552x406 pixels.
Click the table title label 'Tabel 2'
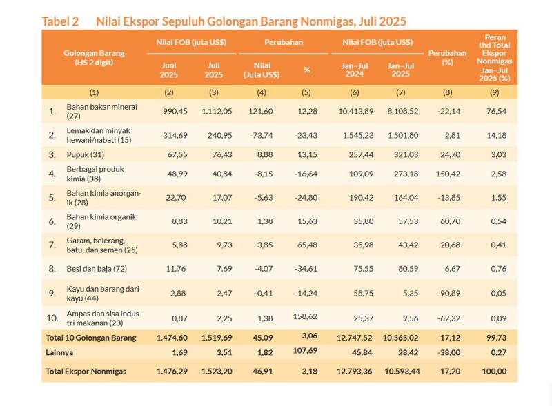coord(60,21)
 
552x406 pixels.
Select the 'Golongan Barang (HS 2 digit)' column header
coord(94,58)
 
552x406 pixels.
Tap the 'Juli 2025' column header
coord(214,70)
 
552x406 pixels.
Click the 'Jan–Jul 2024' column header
coord(355,70)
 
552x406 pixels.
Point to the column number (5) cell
coord(306,92)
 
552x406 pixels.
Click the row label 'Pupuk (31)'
coord(85,155)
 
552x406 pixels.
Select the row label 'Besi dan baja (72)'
coord(97,269)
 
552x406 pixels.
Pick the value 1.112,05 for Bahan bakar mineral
coord(217,112)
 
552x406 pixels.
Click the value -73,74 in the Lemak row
coord(262,136)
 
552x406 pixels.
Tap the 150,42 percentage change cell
coord(448,174)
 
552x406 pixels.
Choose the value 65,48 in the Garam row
coord(307,245)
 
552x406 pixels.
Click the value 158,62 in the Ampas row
coord(305,316)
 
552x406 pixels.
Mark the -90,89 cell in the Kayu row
coord(449,294)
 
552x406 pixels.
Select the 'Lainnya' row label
coord(59,352)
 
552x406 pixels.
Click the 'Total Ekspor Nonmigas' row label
coord(86,371)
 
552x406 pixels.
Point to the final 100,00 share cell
coord(494,371)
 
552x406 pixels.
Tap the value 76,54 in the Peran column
coord(496,112)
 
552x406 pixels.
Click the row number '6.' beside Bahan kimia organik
coord(52,221)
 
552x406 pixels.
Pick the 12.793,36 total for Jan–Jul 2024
coord(354,371)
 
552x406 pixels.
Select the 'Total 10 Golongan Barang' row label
coord(91,338)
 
